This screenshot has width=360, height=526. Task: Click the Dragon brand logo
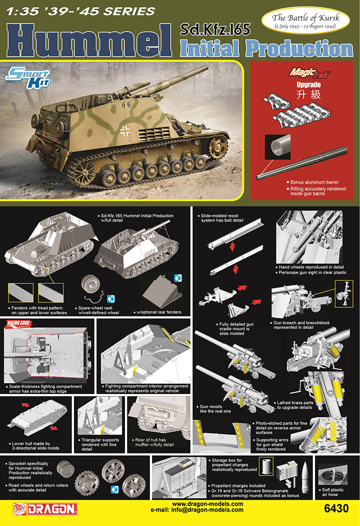(44, 509)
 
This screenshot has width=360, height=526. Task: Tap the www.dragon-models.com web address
(207, 504)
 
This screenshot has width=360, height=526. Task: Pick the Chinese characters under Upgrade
(299, 93)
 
